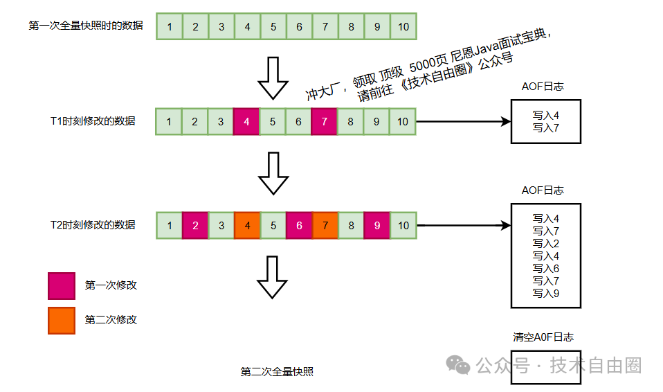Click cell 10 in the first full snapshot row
click(x=403, y=27)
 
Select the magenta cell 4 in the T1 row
click(x=246, y=122)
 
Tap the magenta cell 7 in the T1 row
click(x=325, y=122)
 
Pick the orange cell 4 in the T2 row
click(x=247, y=225)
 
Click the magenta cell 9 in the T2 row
click(x=377, y=225)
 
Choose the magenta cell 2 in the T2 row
click(x=195, y=225)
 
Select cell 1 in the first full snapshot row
click(x=170, y=27)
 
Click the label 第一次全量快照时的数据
click(x=86, y=26)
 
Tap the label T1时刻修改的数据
click(x=93, y=121)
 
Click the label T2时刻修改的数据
click(x=93, y=224)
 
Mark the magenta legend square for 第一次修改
click(x=62, y=285)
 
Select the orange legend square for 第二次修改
click(x=62, y=320)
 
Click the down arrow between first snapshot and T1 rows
click(x=273, y=78)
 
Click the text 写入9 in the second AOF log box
click(x=545, y=294)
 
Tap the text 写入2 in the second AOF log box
click(x=545, y=244)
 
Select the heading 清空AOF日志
click(x=543, y=337)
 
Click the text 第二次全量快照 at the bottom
click(x=277, y=372)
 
